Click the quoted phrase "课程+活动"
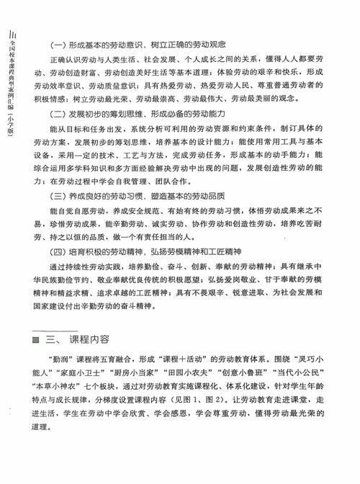click(x=183, y=359)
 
